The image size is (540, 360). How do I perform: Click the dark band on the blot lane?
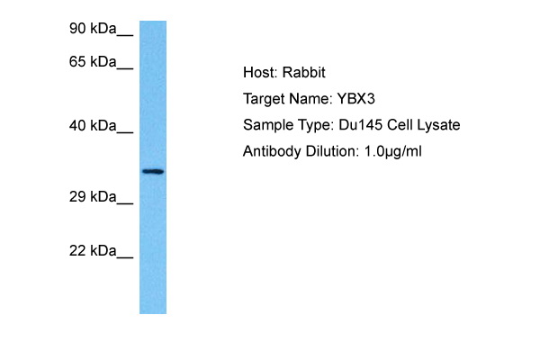[x=153, y=171]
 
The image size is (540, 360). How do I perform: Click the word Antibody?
[x=271, y=151]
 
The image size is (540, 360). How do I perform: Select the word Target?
[x=265, y=99]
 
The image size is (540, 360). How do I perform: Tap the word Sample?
[x=266, y=125]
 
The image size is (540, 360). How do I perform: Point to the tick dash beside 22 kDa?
[x=125, y=256]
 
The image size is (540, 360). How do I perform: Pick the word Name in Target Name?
[x=310, y=99]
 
